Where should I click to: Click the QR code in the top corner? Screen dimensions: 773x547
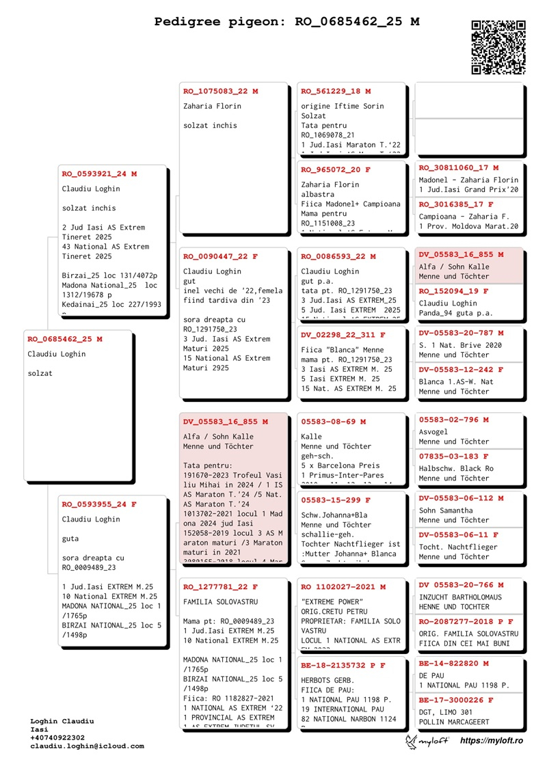498,47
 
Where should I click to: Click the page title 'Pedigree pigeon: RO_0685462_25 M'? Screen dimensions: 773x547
286,22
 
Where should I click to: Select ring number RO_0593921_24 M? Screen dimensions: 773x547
99,174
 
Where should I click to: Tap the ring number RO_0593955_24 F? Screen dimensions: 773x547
99,504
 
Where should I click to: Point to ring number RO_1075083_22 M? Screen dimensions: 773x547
220,91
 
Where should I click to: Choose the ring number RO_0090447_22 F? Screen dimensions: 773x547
220,256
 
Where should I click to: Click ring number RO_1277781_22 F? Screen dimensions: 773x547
220,586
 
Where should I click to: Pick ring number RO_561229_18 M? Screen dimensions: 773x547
336,91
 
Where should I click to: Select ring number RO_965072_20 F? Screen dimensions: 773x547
336,169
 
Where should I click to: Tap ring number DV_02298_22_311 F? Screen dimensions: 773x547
343,335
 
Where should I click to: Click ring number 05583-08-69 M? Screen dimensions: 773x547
333,422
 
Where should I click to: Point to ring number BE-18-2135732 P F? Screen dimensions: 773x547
343,665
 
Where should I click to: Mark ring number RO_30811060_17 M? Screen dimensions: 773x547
459,167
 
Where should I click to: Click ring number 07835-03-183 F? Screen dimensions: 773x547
453,456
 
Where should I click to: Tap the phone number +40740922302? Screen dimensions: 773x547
57,737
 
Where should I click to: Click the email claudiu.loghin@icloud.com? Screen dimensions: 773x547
87,746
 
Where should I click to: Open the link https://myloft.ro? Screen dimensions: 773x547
492,741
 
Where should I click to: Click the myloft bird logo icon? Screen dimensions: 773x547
412,741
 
